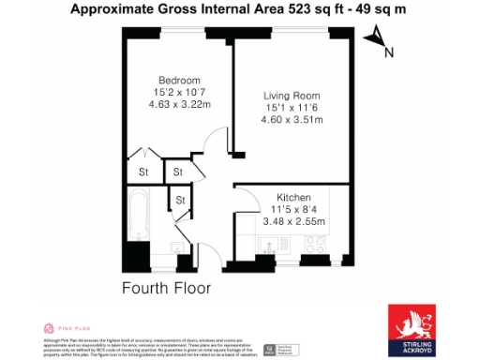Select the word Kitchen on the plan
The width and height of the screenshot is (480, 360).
pos(293,197)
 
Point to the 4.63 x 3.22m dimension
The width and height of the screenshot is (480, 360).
pos(178,105)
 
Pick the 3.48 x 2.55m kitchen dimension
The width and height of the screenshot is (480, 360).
pos(293,222)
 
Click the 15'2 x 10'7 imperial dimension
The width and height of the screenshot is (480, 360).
pos(178,93)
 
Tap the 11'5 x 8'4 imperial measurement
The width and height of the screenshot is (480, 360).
pos(293,210)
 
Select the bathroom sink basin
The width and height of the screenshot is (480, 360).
pos(176,247)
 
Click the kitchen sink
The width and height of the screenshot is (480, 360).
pos(272,247)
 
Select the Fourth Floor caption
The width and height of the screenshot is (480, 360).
pos(167,288)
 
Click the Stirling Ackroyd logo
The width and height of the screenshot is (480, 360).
pos(413,328)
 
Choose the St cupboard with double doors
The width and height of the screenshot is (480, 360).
pos(143,172)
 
